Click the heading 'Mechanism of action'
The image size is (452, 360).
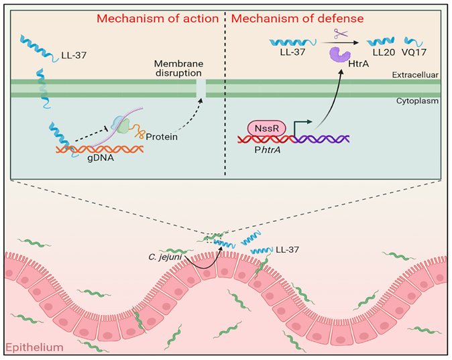[158, 19]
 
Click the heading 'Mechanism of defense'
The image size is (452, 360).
[297, 19]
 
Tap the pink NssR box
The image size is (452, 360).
[267, 128]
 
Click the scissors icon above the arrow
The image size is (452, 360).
[341, 33]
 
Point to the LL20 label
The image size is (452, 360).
[384, 52]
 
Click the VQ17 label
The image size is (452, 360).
[414, 52]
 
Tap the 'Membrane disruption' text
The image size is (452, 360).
[179, 68]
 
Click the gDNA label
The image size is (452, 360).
[101, 158]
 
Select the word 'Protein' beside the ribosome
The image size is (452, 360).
[162, 137]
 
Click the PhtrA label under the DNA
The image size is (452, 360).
[267, 150]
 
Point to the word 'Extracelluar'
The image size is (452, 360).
[415, 75]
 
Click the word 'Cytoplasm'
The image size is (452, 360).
[417, 101]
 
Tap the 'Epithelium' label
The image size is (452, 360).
[34, 347]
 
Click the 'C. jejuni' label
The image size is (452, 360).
[165, 257]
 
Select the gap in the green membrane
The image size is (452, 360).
[201, 88]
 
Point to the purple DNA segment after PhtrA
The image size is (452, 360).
[321, 139]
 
